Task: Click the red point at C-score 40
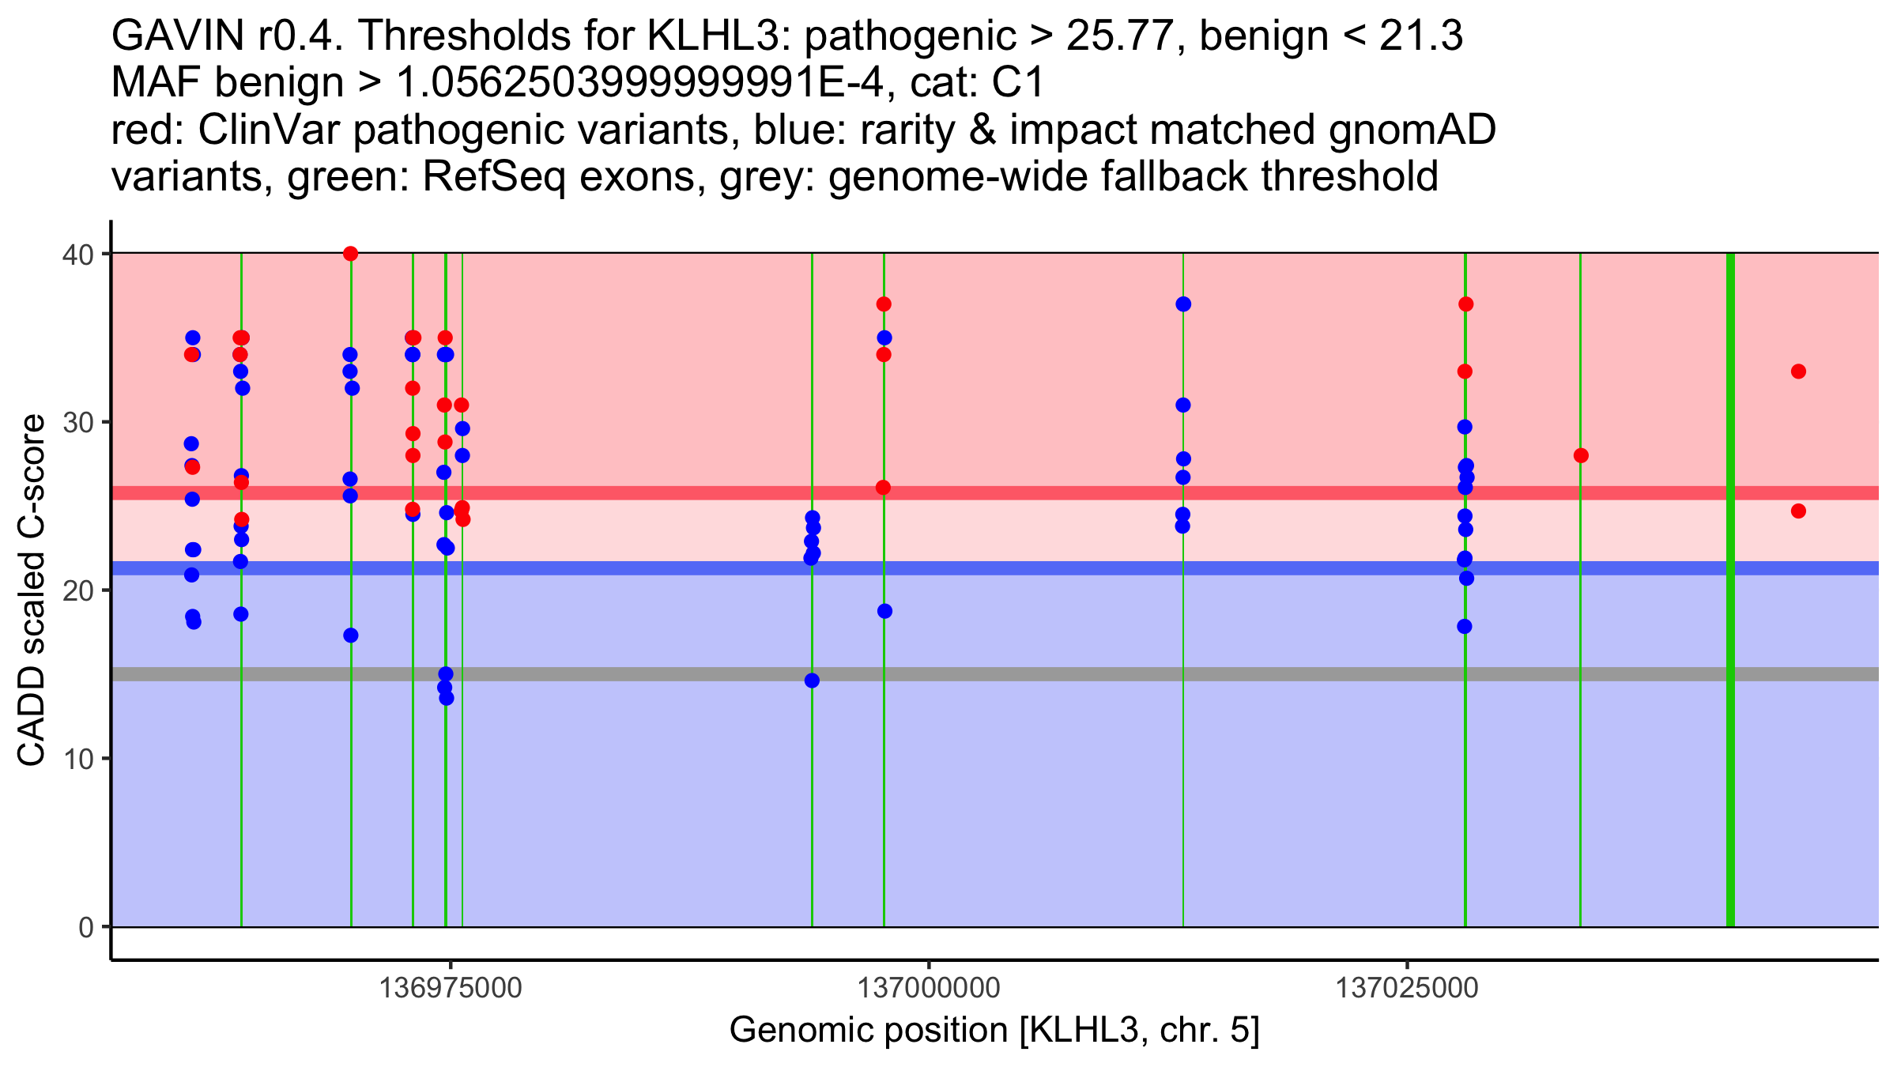click(351, 254)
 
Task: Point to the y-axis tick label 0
click(85, 927)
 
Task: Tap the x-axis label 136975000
click(451, 988)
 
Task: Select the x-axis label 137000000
click(929, 988)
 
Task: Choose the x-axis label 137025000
click(1407, 988)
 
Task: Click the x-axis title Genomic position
click(994, 1031)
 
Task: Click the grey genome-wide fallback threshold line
click(1028, 674)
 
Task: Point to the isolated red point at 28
click(1581, 456)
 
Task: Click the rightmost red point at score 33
click(1798, 371)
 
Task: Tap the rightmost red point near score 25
click(1798, 511)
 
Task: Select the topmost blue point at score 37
click(1183, 304)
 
